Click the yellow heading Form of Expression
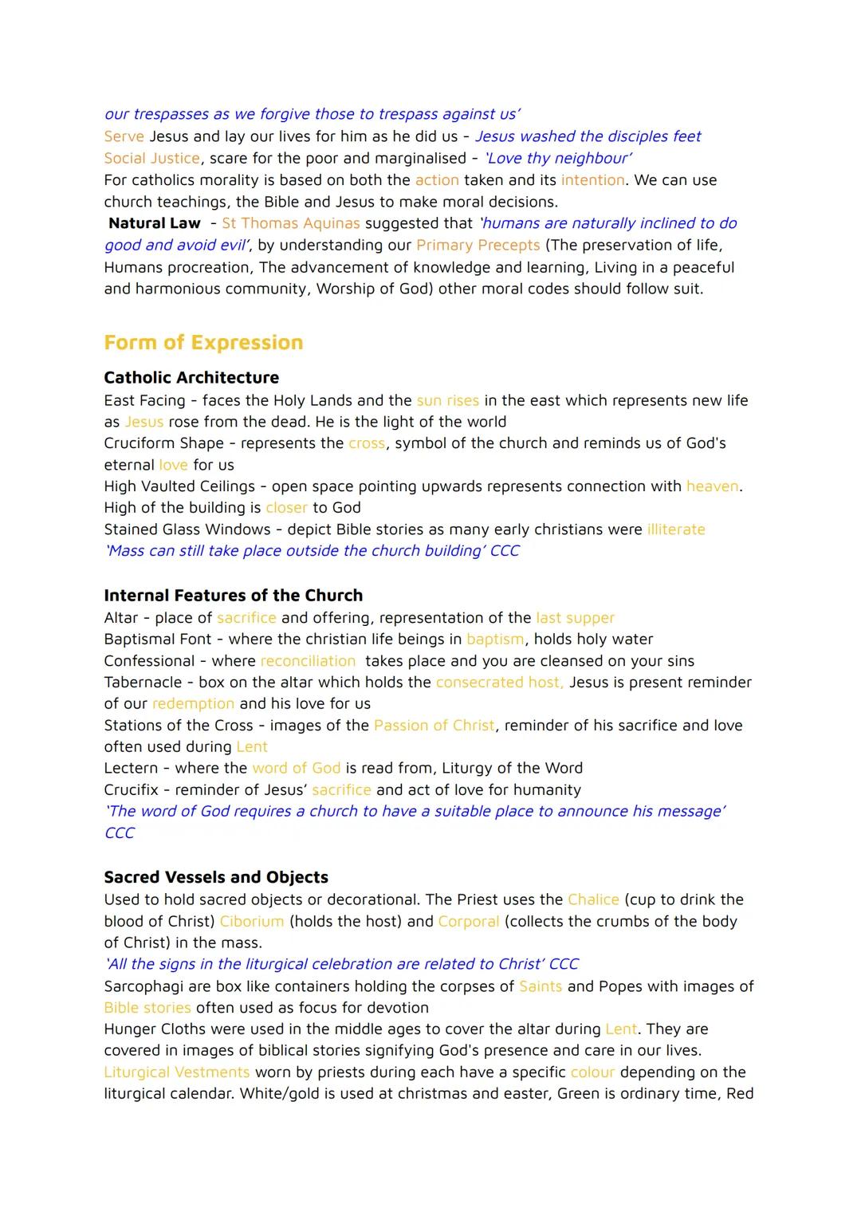203,343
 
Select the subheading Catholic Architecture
191,378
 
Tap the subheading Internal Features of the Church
233,596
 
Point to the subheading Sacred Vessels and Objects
216,877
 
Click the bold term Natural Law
155,223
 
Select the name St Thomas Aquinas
291,223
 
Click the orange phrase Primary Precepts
478,245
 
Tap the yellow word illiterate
676,529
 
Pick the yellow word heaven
712,486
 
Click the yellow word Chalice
593,899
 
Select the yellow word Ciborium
252,921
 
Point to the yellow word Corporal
469,921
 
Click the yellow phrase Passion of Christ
434,726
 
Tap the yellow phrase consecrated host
499,683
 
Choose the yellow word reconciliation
308,661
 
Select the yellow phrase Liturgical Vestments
176,1072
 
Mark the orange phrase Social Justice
151,158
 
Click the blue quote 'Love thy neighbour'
558,158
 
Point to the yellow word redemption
193,704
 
